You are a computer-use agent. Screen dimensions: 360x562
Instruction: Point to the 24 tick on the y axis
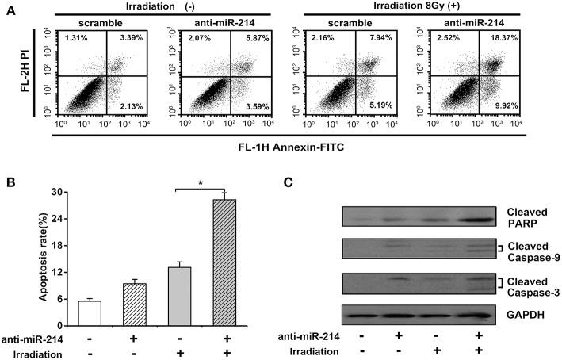pyautogui.click(x=56, y=219)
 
